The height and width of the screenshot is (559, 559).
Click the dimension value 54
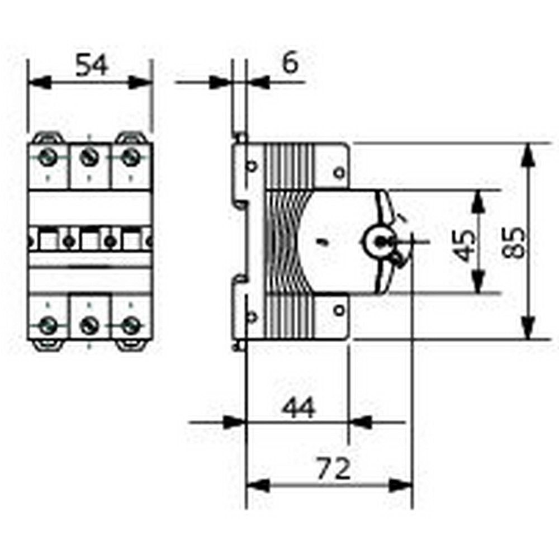tap(92, 65)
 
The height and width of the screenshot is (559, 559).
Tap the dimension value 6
tap(290, 63)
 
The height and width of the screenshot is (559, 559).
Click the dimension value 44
tap(299, 408)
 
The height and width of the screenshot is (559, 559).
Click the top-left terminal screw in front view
tap(48, 157)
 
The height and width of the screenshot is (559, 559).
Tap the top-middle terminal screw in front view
tap(89, 157)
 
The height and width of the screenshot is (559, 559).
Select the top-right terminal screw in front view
tap(130, 157)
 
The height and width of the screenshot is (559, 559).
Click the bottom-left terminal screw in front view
tap(48, 325)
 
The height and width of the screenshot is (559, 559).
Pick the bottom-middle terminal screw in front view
tap(89, 325)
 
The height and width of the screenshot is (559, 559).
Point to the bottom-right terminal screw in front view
tap(130, 325)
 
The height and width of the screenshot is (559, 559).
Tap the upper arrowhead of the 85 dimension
tap(528, 153)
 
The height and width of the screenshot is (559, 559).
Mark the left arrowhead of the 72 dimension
tap(256, 485)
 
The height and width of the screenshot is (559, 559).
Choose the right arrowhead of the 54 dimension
tap(141, 83)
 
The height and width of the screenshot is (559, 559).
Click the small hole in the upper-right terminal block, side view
tap(339, 173)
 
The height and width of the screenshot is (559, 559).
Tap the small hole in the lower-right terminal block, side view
tap(339, 309)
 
